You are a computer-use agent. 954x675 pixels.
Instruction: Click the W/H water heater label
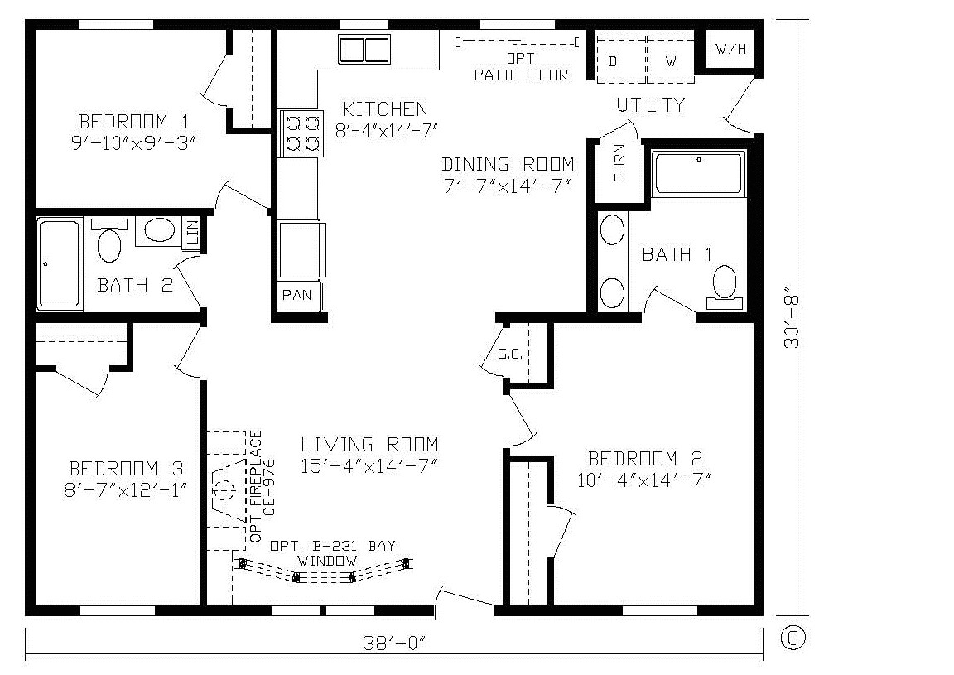(730, 49)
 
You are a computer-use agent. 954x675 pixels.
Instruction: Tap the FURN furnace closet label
(619, 163)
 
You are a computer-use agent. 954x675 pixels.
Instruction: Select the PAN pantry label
(297, 295)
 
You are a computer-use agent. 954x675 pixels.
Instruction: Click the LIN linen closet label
(192, 233)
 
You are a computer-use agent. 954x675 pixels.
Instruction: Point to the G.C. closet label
(510, 354)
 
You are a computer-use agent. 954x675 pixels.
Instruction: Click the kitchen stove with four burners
(301, 134)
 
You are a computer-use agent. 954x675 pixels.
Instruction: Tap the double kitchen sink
(364, 50)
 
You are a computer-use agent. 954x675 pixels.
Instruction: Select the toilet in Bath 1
(725, 287)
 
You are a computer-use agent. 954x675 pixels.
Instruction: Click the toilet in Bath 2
(109, 240)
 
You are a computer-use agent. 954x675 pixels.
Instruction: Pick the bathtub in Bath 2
(59, 263)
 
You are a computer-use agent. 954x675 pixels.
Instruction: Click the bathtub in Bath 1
(699, 173)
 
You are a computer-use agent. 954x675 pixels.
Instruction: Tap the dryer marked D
(621, 60)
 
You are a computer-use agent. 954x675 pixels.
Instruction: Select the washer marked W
(671, 60)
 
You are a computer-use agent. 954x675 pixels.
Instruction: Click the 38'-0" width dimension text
(393, 644)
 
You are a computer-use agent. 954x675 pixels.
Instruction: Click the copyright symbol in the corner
(793, 638)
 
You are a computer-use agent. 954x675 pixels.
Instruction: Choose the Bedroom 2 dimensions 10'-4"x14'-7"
(644, 480)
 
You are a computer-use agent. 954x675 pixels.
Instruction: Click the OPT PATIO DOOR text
(521, 67)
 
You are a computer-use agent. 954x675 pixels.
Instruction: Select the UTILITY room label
(650, 105)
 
